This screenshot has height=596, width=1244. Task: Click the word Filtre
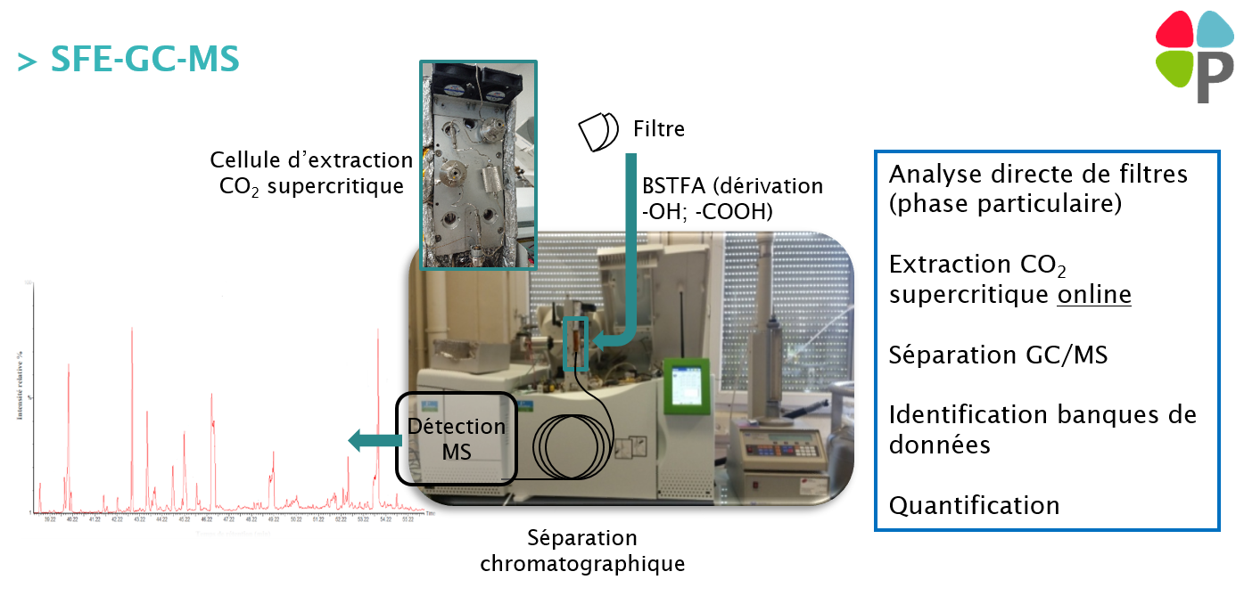658,129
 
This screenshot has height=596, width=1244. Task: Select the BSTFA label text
732,198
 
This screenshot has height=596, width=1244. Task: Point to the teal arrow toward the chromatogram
373,439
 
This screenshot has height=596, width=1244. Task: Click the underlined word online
1093,294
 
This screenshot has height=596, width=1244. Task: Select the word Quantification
974,506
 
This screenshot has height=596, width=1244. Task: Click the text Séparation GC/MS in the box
998,355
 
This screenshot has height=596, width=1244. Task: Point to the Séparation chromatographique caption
582,551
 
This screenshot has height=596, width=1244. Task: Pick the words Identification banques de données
1042,429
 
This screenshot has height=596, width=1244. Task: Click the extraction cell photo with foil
479,165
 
